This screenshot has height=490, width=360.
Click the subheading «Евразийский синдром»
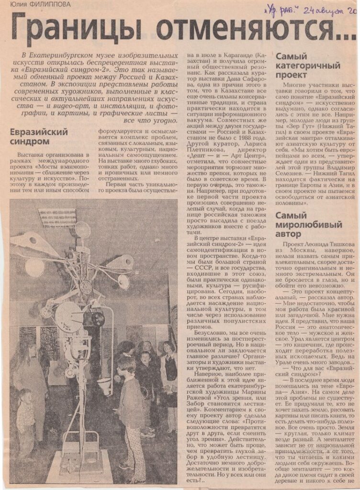[39, 136]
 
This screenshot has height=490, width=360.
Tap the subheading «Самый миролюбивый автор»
[308, 224]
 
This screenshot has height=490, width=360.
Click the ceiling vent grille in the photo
[58, 218]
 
